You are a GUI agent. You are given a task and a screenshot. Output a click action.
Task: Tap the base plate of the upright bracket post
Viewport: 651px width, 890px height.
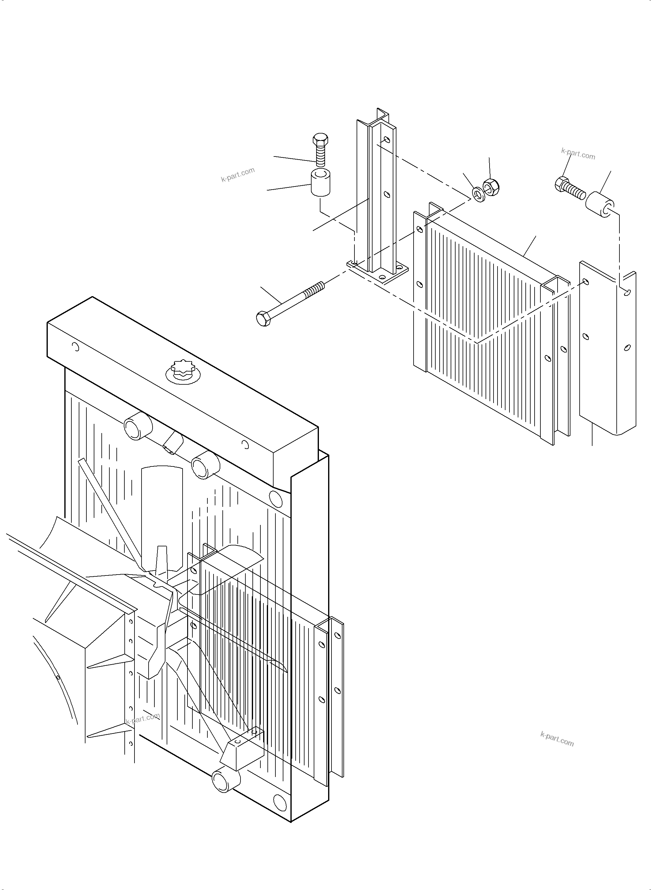pos(377,273)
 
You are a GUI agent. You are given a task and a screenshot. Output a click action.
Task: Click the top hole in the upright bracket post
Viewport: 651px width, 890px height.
pos(387,140)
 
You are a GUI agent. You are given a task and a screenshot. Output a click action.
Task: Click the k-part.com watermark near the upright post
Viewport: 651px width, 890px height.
pos(238,174)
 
